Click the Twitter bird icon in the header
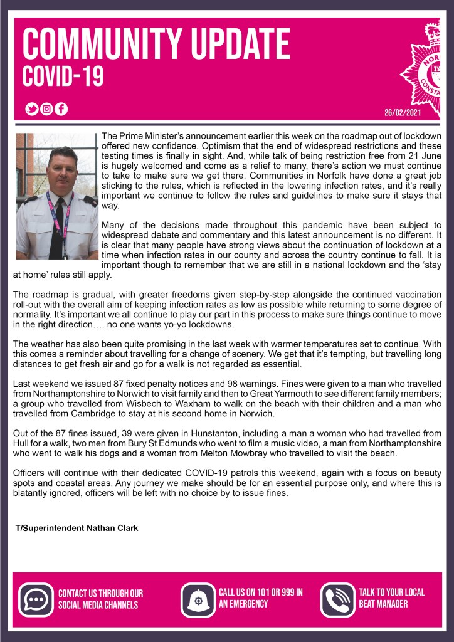coord(31,109)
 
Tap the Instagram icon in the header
coord(46,109)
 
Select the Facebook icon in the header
coord(61,109)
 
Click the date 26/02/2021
coord(402,113)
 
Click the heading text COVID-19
coord(63,76)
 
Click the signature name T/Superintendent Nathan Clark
coord(77,528)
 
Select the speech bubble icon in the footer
coord(36,599)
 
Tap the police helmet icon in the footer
coord(198,599)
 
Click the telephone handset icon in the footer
coord(338,599)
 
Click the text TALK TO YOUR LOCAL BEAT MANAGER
coord(391,598)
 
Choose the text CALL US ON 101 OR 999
coord(261,592)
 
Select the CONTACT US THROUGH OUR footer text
coord(100,593)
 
